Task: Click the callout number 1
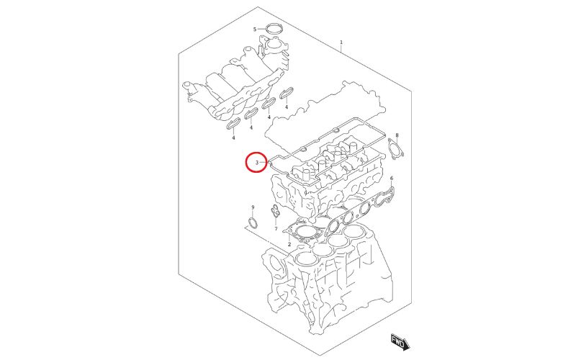pyautogui.click(x=341, y=42)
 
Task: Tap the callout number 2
pyautogui.click(x=289, y=245)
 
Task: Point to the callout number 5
pyautogui.click(x=254, y=29)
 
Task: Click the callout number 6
pyautogui.click(x=392, y=178)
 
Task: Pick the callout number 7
pyautogui.click(x=276, y=228)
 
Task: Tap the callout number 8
pyautogui.click(x=397, y=135)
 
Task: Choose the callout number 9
pyautogui.click(x=253, y=207)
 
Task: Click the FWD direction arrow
pyautogui.click(x=398, y=340)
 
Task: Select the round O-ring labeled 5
pyautogui.click(x=272, y=30)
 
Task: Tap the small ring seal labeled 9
pyautogui.click(x=252, y=220)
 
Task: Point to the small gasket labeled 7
pyautogui.click(x=276, y=214)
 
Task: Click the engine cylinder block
pyautogui.click(x=324, y=288)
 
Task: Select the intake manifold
pyautogui.click(x=230, y=86)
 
